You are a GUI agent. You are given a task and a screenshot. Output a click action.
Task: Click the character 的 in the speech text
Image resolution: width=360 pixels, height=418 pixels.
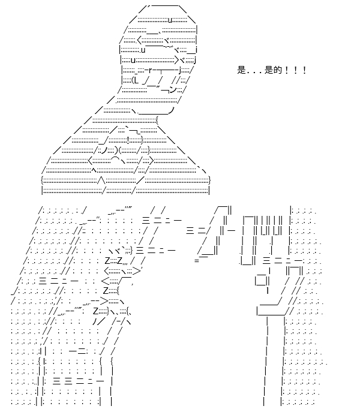coord(278,70)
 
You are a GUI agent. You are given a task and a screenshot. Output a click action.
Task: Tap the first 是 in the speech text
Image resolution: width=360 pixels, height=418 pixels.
coord(241,70)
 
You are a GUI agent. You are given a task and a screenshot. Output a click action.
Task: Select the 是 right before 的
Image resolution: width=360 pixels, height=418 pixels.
coord(269,70)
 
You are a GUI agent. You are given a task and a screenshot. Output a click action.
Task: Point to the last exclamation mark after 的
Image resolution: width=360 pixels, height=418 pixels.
coord(305,70)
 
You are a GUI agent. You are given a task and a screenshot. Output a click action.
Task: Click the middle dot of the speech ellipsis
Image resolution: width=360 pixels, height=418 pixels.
coord(255,73)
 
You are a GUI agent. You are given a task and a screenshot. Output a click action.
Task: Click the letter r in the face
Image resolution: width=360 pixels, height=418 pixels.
coord(151,70)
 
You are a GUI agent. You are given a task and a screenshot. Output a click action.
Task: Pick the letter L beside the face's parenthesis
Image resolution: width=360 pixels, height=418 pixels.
coord(136,80)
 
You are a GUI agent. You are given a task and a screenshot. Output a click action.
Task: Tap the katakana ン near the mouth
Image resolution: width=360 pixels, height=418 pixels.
coord(173,90)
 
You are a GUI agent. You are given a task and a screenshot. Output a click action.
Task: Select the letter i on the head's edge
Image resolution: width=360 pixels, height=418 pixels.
coord(196,50)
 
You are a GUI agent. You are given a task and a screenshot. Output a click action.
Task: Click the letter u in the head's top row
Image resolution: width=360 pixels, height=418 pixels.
coord(170,20)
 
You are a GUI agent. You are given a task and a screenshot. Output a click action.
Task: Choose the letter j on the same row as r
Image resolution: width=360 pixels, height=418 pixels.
coord(180,71)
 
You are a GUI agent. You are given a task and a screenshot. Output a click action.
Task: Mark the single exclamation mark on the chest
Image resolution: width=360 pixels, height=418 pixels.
coord(129,139)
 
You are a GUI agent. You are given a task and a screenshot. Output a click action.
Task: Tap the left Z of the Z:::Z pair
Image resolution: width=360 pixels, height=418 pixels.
coord(107,260)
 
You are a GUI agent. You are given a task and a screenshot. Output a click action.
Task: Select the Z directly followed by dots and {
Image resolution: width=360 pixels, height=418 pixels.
coord(106,290)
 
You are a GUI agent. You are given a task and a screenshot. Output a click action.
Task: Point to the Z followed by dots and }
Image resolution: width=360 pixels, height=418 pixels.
coord(96,311)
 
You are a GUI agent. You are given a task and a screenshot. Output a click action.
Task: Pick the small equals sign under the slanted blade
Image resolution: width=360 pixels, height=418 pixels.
coord(197,260)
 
